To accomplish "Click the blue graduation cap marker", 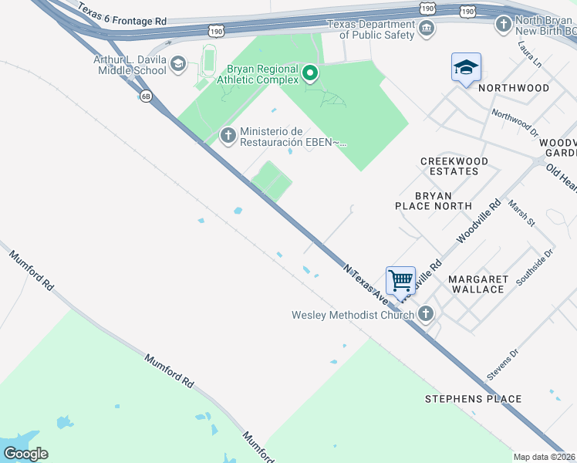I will pyautogui.click(x=466, y=68).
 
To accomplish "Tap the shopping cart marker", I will pyautogui.click(x=400, y=280).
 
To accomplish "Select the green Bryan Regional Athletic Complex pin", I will pyautogui.click(x=310, y=73).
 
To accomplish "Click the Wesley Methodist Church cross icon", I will pyautogui.click(x=425, y=313).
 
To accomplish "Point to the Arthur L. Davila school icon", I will pyautogui.click(x=178, y=64).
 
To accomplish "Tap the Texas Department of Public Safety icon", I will pyautogui.click(x=426, y=29).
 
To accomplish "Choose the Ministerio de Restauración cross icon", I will pyautogui.click(x=228, y=136).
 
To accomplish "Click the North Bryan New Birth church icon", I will pyautogui.click(x=503, y=24).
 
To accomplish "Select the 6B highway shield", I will pyautogui.click(x=146, y=96).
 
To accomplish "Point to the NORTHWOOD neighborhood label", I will pyautogui.click(x=514, y=88).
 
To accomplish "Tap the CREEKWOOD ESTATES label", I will pyautogui.click(x=454, y=166).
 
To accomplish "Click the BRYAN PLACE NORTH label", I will pyautogui.click(x=433, y=201).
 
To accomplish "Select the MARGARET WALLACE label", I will pyautogui.click(x=476, y=284).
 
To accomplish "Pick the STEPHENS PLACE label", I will pyautogui.click(x=474, y=399).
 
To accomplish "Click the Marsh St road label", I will pyautogui.click(x=521, y=212).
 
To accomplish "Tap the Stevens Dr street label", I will pyautogui.click(x=503, y=363).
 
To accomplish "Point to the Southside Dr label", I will pyautogui.click(x=535, y=266).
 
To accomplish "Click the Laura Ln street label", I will pyautogui.click(x=528, y=52).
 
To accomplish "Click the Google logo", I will pyautogui.click(x=26, y=453).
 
